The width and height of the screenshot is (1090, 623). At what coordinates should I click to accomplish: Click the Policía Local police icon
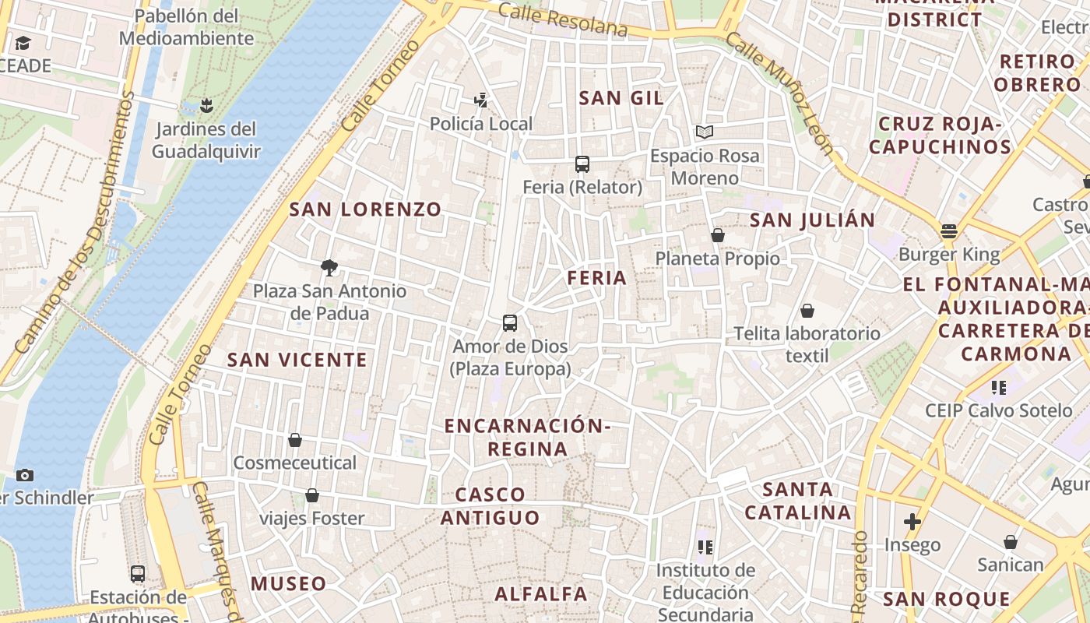click(x=481, y=100)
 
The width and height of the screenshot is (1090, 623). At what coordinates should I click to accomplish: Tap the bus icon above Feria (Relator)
click(x=582, y=164)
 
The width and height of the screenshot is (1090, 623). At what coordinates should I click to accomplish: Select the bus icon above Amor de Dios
click(x=510, y=322)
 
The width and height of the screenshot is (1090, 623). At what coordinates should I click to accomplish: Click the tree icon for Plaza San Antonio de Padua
click(x=329, y=268)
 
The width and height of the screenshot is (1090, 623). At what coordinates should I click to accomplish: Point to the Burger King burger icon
click(x=948, y=231)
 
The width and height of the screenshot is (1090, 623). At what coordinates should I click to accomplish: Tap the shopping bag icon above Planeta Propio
click(x=718, y=234)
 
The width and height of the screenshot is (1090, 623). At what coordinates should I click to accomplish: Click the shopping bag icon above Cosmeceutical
click(x=294, y=440)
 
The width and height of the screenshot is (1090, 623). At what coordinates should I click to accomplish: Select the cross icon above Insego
click(x=912, y=521)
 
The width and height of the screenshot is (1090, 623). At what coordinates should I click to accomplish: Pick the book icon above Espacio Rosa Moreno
click(x=705, y=132)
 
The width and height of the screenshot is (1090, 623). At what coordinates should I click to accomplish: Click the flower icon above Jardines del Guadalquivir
click(x=206, y=104)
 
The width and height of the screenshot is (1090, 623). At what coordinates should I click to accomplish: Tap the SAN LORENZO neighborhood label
click(x=365, y=209)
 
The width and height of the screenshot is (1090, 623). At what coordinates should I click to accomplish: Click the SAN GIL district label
click(x=621, y=97)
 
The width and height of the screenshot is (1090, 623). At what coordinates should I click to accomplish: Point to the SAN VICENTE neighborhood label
click(x=297, y=359)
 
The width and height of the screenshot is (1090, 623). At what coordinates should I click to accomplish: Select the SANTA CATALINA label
click(x=798, y=501)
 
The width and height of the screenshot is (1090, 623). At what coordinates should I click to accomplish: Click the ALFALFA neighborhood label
click(x=542, y=593)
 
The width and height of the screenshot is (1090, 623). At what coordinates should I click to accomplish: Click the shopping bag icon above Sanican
click(x=1011, y=542)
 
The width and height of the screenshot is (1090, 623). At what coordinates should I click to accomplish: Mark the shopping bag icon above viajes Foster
click(x=312, y=495)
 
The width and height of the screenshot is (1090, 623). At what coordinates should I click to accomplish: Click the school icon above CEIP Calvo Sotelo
click(x=999, y=387)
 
